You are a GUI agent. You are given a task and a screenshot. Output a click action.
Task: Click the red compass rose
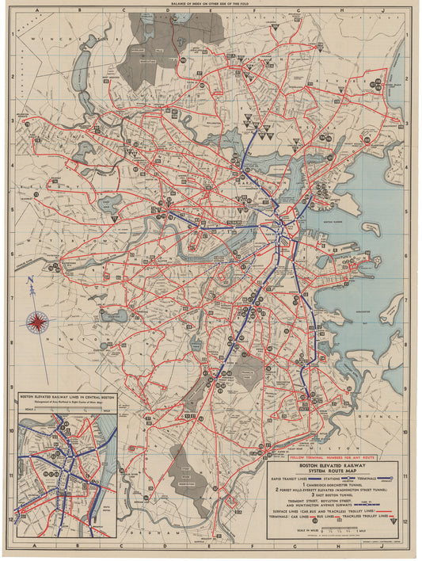click(x=36, y=320)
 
